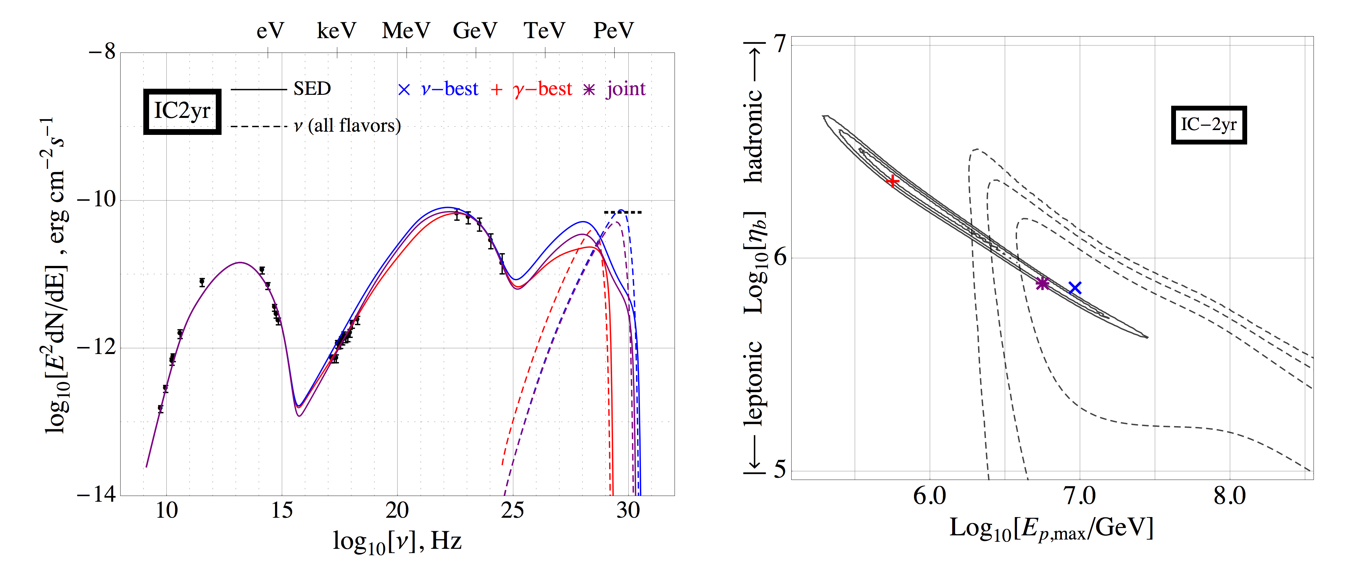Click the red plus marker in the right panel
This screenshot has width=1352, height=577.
[892, 181]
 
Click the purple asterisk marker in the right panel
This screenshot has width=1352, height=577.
[1042, 283]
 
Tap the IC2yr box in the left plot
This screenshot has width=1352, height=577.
[182, 111]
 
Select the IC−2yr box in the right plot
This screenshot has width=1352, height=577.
[1208, 125]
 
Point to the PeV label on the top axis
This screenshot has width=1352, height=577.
[614, 30]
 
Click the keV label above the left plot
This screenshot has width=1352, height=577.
[336, 30]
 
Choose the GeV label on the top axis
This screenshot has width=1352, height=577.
[475, 30]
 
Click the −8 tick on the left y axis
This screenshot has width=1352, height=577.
[102, 53]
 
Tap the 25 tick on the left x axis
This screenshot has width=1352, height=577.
[512, 510]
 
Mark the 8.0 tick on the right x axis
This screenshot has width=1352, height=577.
[1229, 496]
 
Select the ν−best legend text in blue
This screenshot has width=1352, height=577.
[449, 89]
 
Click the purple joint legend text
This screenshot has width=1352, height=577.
[626, 89]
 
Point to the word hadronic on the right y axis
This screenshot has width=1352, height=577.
[754, 136]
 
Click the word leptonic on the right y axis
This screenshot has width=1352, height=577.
[754, 383]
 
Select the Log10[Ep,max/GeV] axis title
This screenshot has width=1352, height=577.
[1051, 529]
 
